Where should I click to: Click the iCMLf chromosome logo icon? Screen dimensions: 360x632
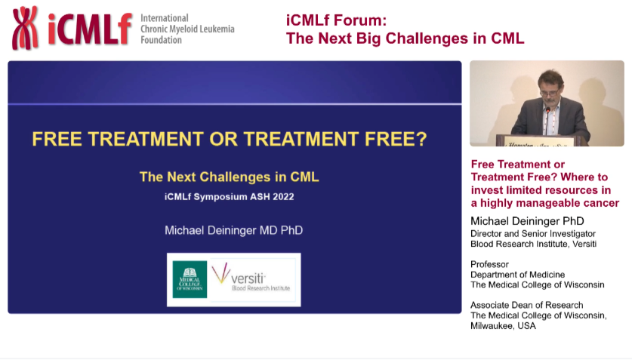[x=25, y=28]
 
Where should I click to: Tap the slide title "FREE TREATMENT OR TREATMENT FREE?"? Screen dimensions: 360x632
[x=230, y=140]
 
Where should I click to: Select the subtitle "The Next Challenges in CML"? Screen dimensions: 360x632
[x=230, y=177]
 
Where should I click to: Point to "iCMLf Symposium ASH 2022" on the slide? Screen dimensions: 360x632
[x=230, y=197]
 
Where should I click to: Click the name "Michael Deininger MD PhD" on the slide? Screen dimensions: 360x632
[x=233, y=230]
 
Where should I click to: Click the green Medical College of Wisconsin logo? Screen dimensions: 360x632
[x=190, y=279]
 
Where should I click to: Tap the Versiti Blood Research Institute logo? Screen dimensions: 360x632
[x=253, y=279]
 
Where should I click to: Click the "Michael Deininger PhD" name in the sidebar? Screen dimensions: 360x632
[x=527, y=221]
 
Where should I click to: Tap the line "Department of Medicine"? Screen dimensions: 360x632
[x=517, y=274]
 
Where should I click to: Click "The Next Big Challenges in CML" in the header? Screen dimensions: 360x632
[x=405, y=38]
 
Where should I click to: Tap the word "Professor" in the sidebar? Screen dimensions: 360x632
[x=489, y=264]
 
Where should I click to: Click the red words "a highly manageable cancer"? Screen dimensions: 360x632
[x=544, y=203]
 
